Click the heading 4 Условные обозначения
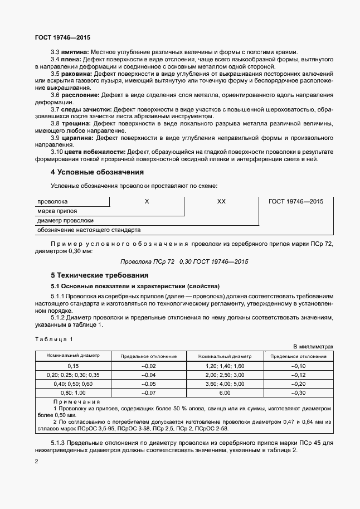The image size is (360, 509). click(x=97, y=172)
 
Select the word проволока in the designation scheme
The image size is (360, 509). click(x=52, y=202)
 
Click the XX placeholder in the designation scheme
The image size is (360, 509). click(x=221, y=202)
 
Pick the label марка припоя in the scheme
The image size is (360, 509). click(x=57, y=211)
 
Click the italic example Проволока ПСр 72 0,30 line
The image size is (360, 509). click(x=184, y=261)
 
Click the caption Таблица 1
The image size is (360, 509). click(x=53, y=339)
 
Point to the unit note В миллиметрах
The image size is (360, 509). click(x=313, y=346)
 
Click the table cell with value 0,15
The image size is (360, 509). click(x=73, y=365)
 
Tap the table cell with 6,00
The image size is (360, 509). click(x=225, y=393)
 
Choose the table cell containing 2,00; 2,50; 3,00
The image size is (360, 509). click(x=225, y=375)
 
